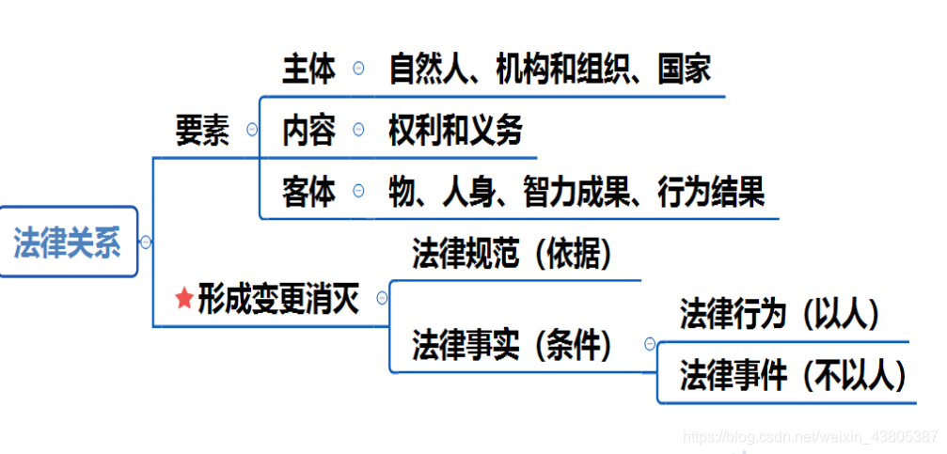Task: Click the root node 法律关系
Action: pos(68,243)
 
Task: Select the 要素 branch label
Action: pos(202,131)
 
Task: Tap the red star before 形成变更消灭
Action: pos(184,299)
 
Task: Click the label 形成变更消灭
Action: pos(278,299)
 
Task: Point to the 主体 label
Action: pos(308,69)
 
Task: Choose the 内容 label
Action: pos(308,131)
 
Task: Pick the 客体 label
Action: pos(308,192)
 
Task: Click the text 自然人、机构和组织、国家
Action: pos(549,69)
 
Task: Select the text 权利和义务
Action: pos(455,131)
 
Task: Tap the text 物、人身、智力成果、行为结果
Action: pos(576,192)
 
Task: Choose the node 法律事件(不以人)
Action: pos(793,376)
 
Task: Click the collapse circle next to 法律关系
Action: pos(146,242)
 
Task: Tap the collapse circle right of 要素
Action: pos(251,130)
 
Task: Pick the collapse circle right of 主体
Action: pos(358,68)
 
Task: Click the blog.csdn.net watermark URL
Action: pos(809,436)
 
